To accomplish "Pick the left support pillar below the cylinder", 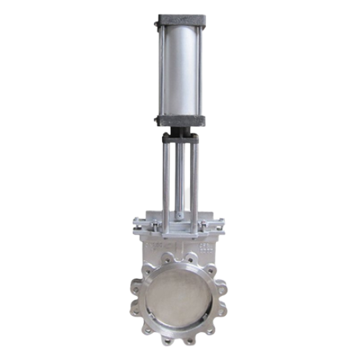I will pyautogui.click(x=165, y=180).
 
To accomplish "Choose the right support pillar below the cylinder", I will pyautogui.click(x=195, y=180).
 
